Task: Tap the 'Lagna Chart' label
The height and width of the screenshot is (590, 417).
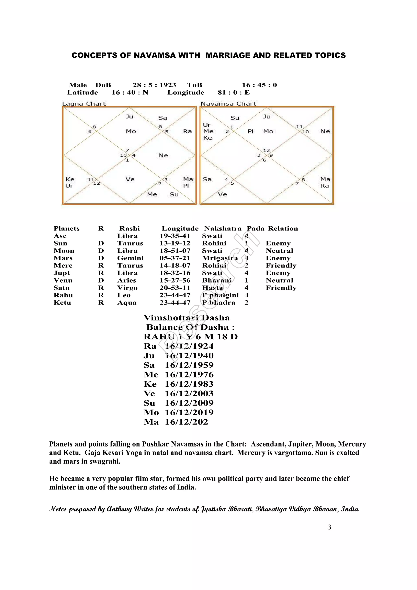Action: click(84, 104)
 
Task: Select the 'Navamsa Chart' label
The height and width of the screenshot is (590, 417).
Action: click(228, 104)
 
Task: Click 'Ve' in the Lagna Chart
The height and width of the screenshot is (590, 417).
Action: click(130, 179)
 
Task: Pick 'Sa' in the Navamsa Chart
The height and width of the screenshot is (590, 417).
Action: click(207, 179)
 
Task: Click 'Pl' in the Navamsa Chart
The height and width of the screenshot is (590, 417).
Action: click(250, 132)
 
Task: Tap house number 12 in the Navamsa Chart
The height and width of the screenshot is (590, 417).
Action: click(267, 150)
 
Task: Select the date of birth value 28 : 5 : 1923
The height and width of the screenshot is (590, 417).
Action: click(154, 85)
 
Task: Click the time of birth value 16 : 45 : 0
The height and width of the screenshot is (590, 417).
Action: click(259, 85)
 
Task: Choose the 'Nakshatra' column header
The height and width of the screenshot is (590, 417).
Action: click(223, 229)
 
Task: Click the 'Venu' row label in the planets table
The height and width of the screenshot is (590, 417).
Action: click(63, 281)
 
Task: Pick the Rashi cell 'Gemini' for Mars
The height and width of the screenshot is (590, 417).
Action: click(130, 258)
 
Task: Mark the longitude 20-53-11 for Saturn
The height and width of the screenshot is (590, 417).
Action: click(175, 288)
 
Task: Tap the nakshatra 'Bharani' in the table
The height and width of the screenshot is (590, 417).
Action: click(217, 281)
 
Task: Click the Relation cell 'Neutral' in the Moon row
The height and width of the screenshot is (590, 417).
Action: click(279, 251)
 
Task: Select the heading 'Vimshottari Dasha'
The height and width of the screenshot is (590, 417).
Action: click(187, 318)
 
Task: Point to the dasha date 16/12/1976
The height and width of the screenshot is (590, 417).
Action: click(189, 375)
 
